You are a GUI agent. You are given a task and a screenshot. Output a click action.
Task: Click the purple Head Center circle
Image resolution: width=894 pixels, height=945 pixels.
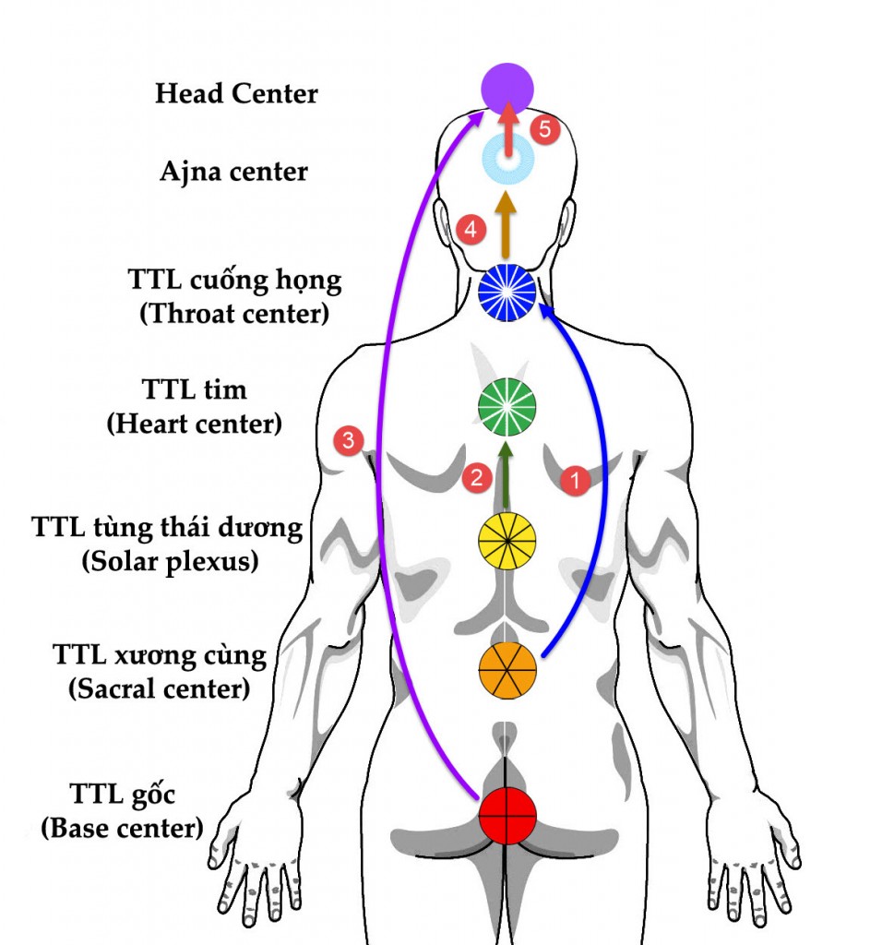(x=507, y=90)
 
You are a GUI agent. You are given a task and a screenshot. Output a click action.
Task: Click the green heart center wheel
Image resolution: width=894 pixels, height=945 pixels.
(x=507, y=407)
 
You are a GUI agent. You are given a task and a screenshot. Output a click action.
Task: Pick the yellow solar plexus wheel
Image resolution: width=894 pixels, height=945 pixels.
(x=507, y=540)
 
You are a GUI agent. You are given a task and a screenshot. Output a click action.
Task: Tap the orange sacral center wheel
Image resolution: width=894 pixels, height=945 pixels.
(x=507, y=669)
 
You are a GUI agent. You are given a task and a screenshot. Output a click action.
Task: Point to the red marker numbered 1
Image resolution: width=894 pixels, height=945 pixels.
(x=575, y=480)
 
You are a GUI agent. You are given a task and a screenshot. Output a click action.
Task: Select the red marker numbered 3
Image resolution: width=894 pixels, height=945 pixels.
(x=347, y=440)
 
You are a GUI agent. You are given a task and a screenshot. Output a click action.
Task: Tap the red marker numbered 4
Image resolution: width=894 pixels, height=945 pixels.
(x=470, y=230)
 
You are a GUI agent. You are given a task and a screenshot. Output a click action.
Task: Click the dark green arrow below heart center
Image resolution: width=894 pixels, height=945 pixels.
(x=506, y=475)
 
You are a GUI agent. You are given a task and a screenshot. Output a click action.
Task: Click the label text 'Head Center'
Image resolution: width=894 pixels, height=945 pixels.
(x=236, y=93)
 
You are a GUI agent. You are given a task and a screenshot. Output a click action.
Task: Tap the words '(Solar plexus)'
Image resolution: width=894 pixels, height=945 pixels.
(x=169, y=561)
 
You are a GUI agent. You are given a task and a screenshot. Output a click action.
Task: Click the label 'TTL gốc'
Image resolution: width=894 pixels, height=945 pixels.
(x=122, y=795)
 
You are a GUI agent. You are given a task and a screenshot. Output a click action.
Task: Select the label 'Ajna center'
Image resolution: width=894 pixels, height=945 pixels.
(x=233, y=172)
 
